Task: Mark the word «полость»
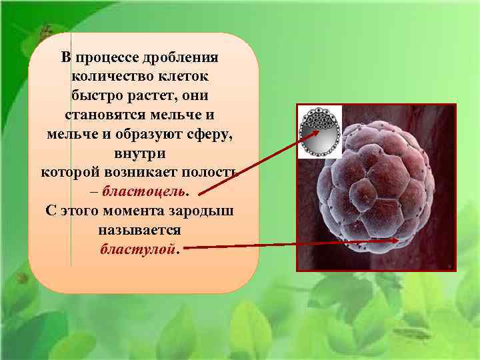(218, 172)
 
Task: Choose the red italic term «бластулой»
(139, 249)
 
